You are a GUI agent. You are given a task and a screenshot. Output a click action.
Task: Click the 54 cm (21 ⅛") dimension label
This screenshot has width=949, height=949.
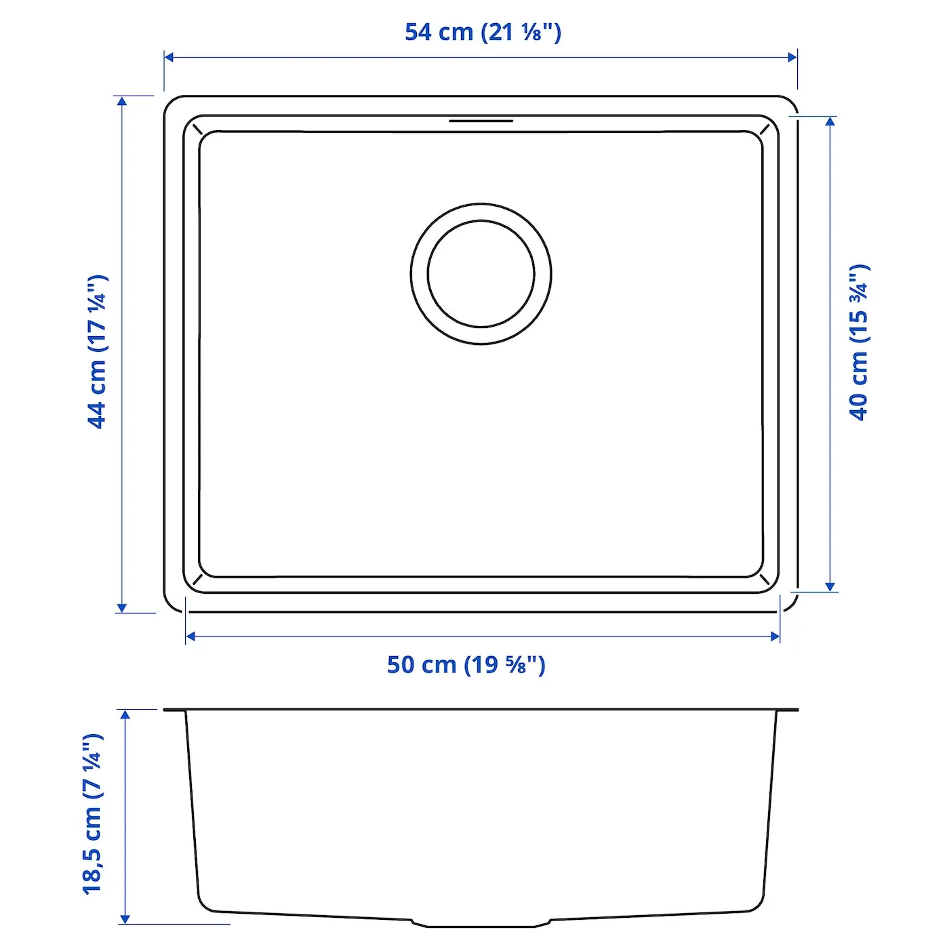pos(483,33)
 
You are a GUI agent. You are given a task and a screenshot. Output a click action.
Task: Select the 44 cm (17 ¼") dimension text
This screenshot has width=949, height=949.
pos(97,352)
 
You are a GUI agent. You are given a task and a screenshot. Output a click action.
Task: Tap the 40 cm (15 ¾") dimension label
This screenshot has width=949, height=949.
pos(860,342)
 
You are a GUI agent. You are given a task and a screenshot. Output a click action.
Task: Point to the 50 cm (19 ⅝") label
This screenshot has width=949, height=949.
pos(466,665)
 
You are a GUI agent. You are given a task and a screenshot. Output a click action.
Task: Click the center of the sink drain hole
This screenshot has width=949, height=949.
pos(481,274)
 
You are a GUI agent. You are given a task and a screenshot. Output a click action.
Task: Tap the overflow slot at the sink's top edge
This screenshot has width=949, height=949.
pos(481,121)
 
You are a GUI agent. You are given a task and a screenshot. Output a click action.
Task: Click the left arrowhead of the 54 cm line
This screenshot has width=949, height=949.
pos(168,57)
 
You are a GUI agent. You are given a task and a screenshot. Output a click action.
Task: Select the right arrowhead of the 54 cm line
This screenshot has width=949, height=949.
pos(792,57)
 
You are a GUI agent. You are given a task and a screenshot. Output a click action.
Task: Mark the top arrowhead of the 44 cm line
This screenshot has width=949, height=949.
pos(121,101)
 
